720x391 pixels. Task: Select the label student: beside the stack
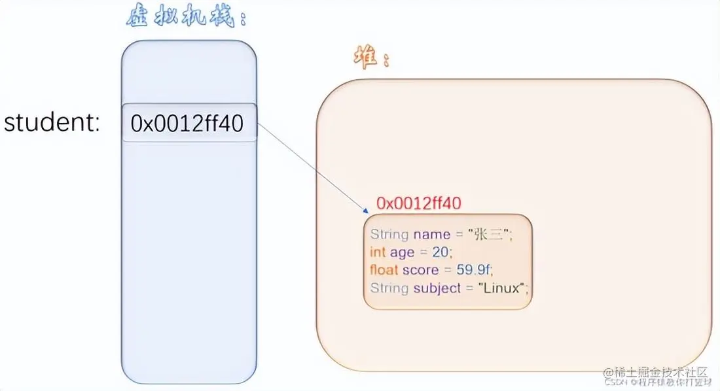(x=52, y=123)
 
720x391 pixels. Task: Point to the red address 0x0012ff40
(x=420, y=203)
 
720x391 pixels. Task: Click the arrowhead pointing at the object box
(x=365, y=211)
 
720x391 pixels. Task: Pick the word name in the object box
(x=431, y=234)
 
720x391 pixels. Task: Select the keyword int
(x=378, y=252)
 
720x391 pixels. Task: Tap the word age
(x=402, y=252)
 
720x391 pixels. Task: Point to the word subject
(x=437, y=288)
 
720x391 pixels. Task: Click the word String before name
(x=389, y=234)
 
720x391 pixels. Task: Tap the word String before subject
(x=389, y=288)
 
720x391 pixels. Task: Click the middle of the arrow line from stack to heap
(x=310, y=167)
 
